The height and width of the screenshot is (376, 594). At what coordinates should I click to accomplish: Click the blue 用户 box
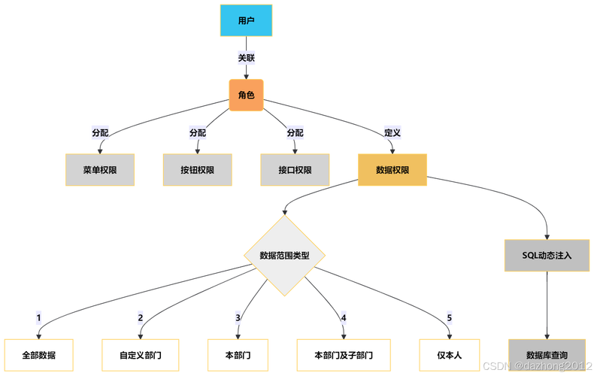[246, 21]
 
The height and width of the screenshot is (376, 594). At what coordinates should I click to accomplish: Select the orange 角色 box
[246, 96]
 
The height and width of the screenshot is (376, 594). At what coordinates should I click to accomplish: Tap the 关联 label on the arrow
[246, 58]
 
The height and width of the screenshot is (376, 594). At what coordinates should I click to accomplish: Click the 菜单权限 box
[100, 170]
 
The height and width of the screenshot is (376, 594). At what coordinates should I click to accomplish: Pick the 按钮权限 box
[198, 170]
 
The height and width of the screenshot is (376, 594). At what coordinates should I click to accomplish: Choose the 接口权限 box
[295, 170]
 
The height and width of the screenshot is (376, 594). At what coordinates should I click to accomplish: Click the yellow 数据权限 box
[392, 170]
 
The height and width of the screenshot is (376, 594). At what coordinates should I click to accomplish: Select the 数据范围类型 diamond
[284, 256]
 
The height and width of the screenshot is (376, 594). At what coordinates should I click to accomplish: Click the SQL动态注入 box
[547, 256]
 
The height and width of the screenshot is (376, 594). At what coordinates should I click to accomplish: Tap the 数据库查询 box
[547, 355]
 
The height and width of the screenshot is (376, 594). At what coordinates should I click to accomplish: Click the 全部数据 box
[38, 355]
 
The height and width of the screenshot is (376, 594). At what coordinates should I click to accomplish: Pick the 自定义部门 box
[140, 355]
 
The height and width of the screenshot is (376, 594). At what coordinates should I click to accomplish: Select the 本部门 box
[238, 355]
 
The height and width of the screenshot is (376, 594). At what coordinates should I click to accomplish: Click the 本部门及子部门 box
[344, 355]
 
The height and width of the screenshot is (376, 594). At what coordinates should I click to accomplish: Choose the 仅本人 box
[449, 355]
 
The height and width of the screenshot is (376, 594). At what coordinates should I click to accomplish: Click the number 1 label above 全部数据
[38, 317]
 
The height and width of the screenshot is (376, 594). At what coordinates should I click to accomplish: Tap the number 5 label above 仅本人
[449, 317]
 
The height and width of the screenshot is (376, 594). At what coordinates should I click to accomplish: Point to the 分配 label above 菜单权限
[100, 133]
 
